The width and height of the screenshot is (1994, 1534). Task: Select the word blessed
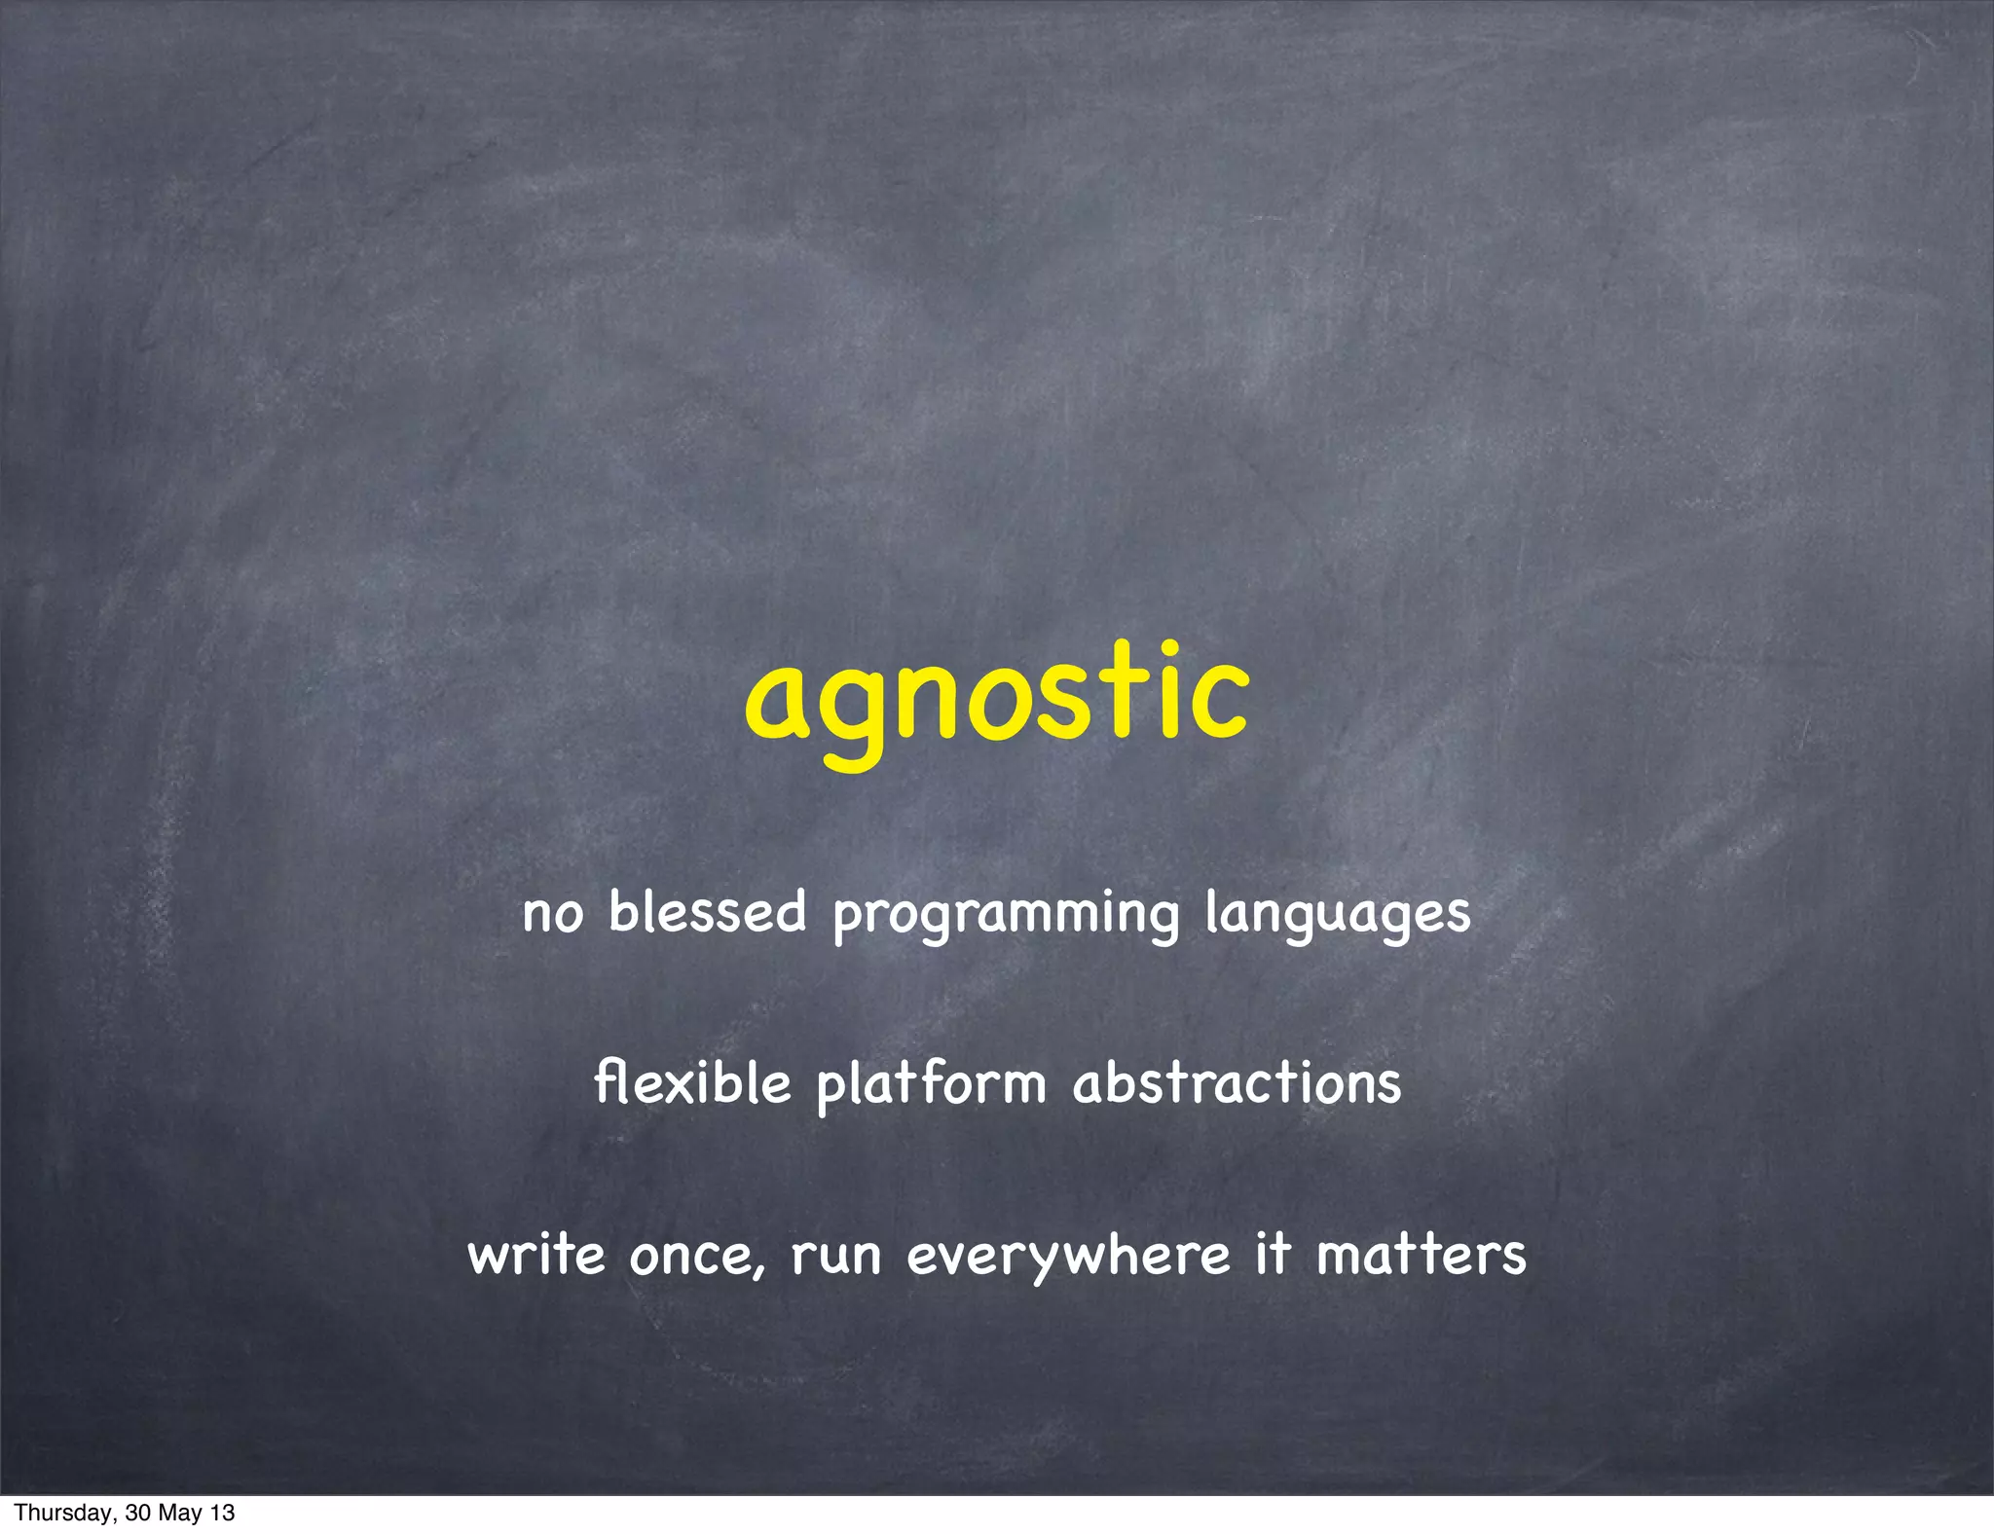[x=708, y=912]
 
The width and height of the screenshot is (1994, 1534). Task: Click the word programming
[x=1006, y=916]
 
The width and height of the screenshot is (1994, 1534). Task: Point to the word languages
[x=1337, y=916]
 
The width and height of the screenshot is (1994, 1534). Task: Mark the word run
[x=835, y=1256]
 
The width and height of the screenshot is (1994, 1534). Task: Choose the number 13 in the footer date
[x=223, y=1514]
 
